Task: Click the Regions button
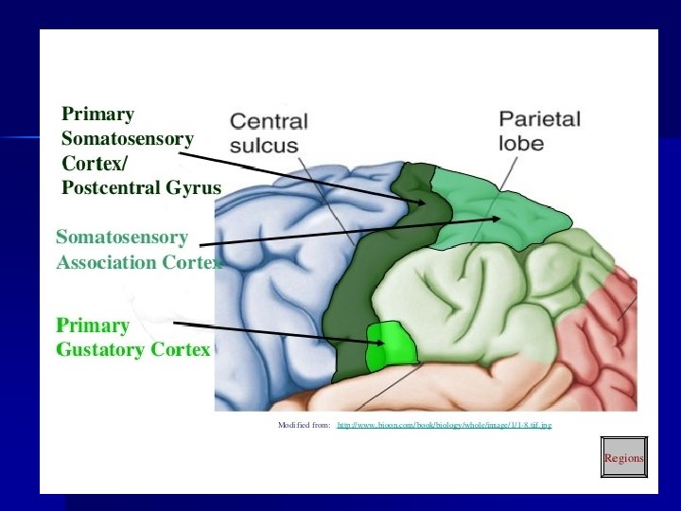(623, 457)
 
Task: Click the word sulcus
(264, 146)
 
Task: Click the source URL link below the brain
(445, 426)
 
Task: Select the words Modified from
(304, 426)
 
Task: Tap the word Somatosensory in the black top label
(127, 138)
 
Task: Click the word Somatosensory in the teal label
(122, 238)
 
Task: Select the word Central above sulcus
(269, 122)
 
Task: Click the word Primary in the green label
(93, 326)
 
